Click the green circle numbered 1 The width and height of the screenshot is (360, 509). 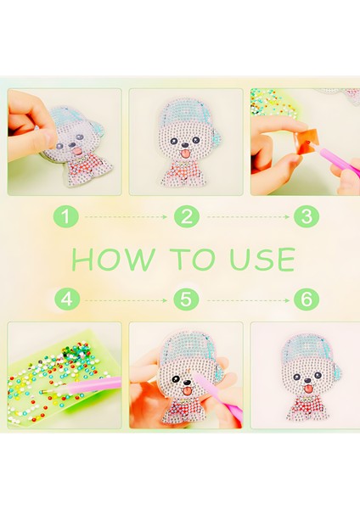[x=66, y=216]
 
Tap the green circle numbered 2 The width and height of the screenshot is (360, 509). [x=186, y=216]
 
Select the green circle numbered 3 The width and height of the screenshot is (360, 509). [x=307, y=216]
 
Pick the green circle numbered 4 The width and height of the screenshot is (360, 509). [x=67, y=299]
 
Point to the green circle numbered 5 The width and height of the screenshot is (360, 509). [x=186, y=299]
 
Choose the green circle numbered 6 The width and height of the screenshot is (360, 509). [x=307, y=299]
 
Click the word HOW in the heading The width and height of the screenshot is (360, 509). [x=113, y=259]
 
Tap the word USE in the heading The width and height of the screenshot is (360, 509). [x=262, y=259]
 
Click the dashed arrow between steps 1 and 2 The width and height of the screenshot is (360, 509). [x=126, y=216]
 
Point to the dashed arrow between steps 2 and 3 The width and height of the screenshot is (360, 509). [x=248, y=216]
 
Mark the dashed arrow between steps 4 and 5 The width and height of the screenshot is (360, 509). [x=126, y=300]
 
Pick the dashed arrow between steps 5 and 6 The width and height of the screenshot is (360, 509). [x=248, y=300]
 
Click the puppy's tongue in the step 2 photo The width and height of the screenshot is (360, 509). [x=186, y=154]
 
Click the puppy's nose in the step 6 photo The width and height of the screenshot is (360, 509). [x=307, y=380]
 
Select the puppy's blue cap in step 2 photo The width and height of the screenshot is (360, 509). [x=189, y=115]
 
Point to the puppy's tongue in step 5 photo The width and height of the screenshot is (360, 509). [x=187, y=391]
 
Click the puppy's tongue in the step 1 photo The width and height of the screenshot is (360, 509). [x=77, y=151]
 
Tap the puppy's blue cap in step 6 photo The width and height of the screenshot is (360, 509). [x=310, y=352]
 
